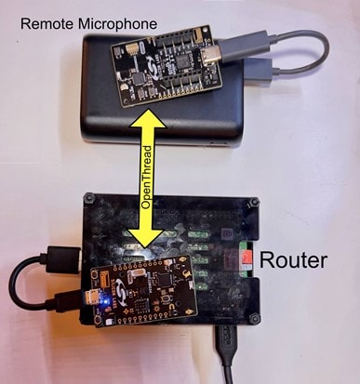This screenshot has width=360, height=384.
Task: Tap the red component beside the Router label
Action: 245,255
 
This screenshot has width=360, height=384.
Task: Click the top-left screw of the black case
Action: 88,198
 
